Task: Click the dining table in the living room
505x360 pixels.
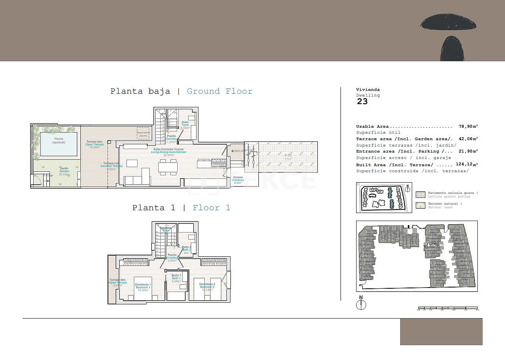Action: coord(168,167)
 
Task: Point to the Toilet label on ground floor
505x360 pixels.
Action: coord(185,125)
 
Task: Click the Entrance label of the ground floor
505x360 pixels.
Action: coord(238,180)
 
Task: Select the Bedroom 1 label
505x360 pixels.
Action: coord(142,287)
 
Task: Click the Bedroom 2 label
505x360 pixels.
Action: coord(207,287)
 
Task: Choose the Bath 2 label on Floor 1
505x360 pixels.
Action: coord(186,249)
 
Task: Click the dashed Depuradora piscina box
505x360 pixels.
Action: coord(143,133)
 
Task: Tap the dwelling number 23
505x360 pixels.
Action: coord(362,102)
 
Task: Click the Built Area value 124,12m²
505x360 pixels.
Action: coord(467,165)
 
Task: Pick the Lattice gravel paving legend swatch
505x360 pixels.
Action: coord(421,195)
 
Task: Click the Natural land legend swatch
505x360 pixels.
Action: coord(421,205)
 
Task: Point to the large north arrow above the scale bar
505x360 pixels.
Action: coord(361,304)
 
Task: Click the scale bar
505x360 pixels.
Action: coord(447,308)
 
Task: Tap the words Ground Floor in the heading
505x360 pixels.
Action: coord(220,91)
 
